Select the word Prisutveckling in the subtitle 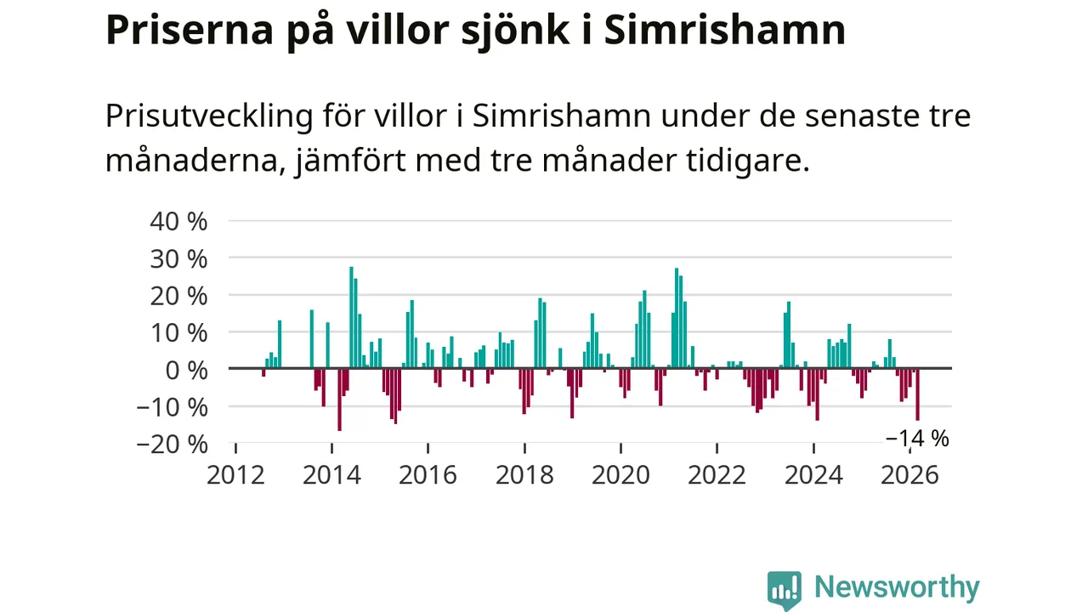(x=209, y=116)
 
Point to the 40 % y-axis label (x=178, y=221)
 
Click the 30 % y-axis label (x=178, y=258)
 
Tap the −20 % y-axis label (x=173, y=444)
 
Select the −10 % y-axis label (x=173, y=406)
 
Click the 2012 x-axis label (x=235, y=474)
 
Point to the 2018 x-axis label (x=524, y=474)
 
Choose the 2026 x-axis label (x=910, y=474)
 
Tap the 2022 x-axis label (x=717, y=474)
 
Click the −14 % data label (x=917, y=439)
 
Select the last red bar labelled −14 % (x=917, y=394)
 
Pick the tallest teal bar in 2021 (x=677, y=319)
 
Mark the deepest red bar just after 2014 (x=339, y=399)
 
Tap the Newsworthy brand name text (x=897, y=587)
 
